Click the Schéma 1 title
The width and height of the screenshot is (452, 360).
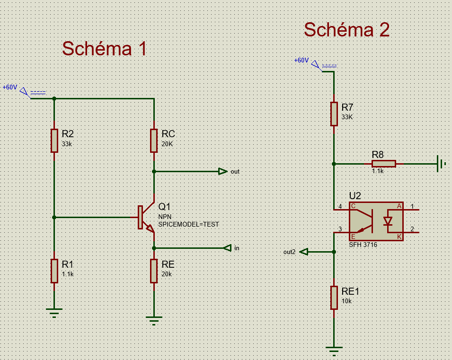point(104,49)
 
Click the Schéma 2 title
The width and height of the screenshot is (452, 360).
point(346,30)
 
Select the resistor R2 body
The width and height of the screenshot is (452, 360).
point(54,140)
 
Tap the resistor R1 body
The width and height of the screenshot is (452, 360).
point(54,271)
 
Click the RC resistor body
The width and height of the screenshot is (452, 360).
point(154,140)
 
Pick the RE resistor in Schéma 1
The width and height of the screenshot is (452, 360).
point(154,271)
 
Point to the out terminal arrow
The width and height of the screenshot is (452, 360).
point(222,171)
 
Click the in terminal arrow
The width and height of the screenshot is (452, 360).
point(227,248)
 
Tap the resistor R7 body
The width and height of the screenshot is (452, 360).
point(334,114)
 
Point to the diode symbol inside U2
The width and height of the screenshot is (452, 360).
point(389,221)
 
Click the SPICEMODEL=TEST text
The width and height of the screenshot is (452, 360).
point(188,224)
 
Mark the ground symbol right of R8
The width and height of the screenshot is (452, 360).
point(442,164)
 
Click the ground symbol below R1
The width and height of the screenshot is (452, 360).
point(54,312)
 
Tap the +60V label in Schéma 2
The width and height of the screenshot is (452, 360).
point(301,61)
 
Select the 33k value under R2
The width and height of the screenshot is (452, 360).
point(67,143)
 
